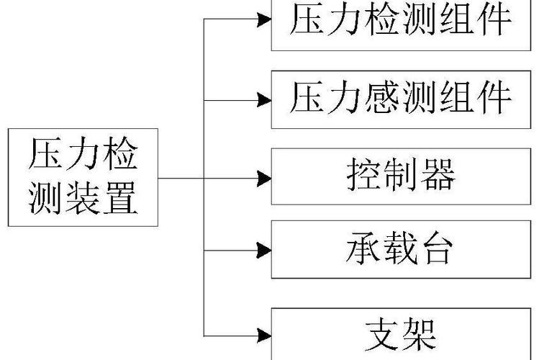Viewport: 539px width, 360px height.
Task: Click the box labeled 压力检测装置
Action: point(83,177)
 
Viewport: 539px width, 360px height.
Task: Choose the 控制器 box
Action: point(400,176)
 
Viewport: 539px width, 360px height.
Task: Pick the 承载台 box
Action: point(400,250)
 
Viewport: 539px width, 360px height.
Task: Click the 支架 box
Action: point(400,333)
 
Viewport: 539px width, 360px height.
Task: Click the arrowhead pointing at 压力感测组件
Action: point(265,98)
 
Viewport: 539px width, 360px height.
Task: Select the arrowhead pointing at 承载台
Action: point(265,251)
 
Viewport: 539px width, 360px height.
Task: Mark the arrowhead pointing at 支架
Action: point(265,335)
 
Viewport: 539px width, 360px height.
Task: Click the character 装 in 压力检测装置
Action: point(83,198)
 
